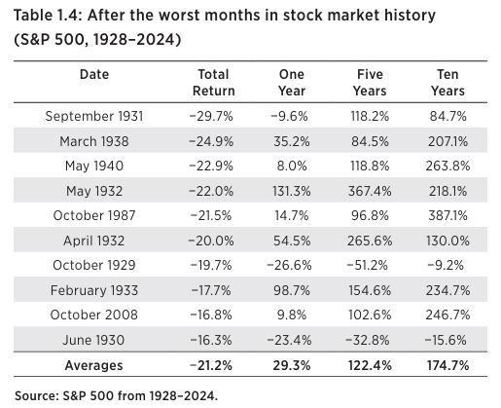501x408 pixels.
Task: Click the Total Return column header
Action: pyautogui.click(x=214, y=83)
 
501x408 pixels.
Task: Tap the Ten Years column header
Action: pyautogui.click(x=447, y=83)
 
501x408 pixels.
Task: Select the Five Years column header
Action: pyautogui.click(x=370, y=83)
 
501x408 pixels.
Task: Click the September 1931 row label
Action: pyautogui.click(x=94, y=116)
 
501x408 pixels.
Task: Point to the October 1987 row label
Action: pyautogui.click(x=94, y=215)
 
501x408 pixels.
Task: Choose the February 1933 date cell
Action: pyautogui.click(x=94, y=290)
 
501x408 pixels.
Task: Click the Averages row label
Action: pyautogui.click(x=94, y=365)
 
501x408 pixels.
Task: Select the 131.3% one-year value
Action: pyautogui.click(x=292, y=191)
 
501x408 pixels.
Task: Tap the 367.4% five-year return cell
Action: pyautogui.click(x=370, y=191)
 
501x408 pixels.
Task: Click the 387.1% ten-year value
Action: pyautogui.click(x=447, y=215)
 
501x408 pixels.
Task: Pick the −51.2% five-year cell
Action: pyautogui.click(x=368, y=265)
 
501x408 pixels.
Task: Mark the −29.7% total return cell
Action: pyautogui.click(x=211, y=116)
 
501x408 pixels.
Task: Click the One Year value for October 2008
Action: pyautogui.click(x=292, y=315)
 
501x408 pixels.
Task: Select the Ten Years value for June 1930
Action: pyautogui.click(x=446, y=340)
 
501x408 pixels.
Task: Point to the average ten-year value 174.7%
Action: pyautogui.click(x=447, y=365)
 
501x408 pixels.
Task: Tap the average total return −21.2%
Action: pyautogui.click(x=211, y=365)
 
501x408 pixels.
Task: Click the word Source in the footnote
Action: pyautogui.click(x=37, y=396)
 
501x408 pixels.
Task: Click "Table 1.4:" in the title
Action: pyautogui.click(x=48, y=16)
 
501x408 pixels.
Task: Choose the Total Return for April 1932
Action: pyautogui.click(x=211, y=241)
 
